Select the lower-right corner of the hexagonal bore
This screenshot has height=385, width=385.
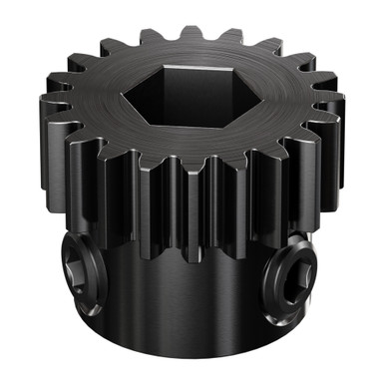tap(225, 121)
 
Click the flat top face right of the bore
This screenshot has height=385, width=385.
tap(289, 100)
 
